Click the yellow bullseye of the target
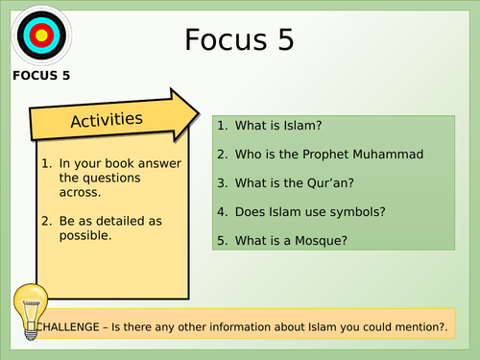(41, 36)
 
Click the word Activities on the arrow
(107, 120)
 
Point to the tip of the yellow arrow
(200, 113)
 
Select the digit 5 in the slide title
(286, 39)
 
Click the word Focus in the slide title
(226, 39)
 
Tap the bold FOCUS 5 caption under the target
(41, 76)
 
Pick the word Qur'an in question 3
(330, 183)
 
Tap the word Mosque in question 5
(321, 241)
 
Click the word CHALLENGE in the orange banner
(68, 327)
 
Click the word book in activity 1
(119, 163)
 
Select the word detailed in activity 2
(120, 221)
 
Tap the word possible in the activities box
(85, 236)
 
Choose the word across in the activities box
(80, 193)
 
